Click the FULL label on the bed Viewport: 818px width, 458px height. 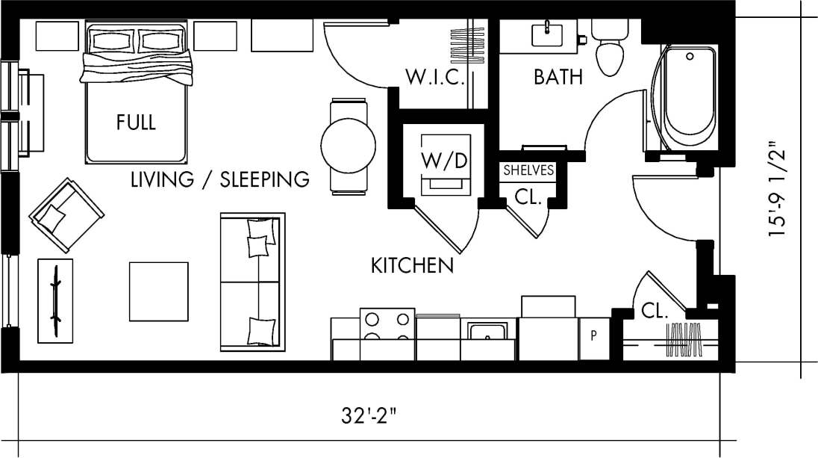click(136, 123)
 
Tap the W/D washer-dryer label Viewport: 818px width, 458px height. click(445, 160)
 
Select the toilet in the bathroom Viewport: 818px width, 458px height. click(610, 52)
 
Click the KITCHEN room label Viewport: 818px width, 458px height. click(412, 265)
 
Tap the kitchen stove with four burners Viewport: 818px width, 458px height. click(387, 328)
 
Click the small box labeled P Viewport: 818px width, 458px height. click(594, 335)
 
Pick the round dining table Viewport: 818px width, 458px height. click(348, 146)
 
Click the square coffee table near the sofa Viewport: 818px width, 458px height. click(158, 291)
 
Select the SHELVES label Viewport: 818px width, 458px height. click(529, 170)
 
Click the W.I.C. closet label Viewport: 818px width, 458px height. click(435, 77)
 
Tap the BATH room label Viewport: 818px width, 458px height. click(558, 77)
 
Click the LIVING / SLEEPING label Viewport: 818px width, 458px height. click(219, 179)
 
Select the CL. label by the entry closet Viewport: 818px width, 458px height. click(655, 312)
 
